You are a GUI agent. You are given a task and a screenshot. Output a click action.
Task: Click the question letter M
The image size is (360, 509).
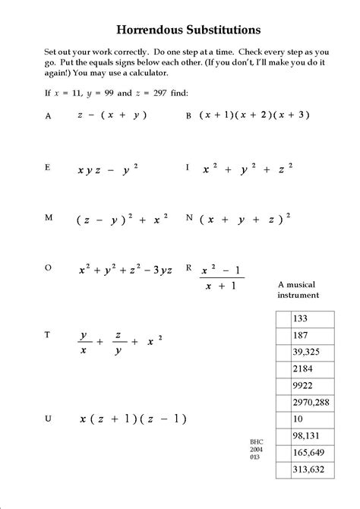(x=49, y=217)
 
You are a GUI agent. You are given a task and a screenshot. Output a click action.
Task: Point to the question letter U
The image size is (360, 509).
(x=49, y=417)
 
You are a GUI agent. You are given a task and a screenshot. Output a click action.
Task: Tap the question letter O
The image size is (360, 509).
(x=49, y=267)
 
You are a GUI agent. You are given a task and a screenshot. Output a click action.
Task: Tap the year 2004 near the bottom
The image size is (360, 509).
(x=256, y=448)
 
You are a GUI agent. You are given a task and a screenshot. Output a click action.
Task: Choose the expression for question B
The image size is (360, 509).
(x=255, y=115)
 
